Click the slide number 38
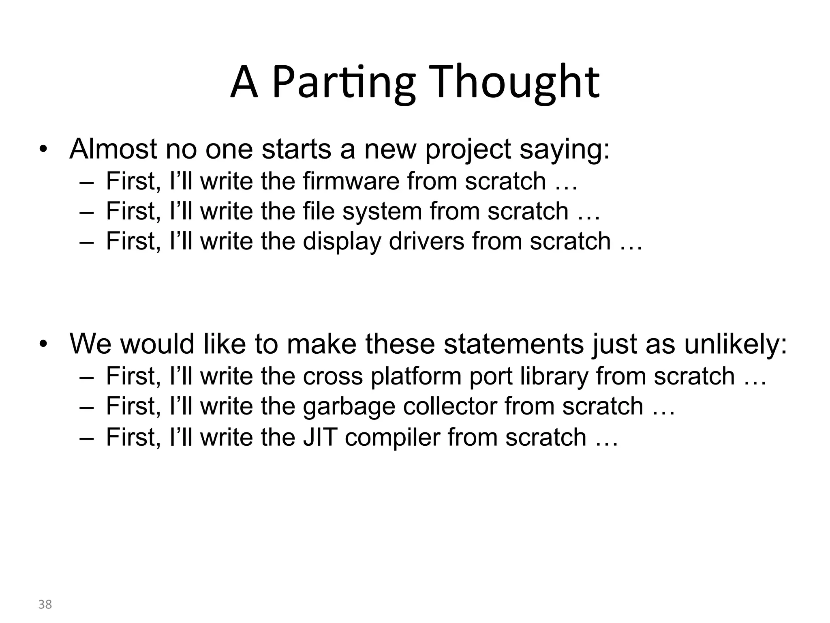coord(45,604)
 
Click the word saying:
coord(565,150)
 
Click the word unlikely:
coord(736,344)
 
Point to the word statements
coord(513,344)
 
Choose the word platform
coord(416,376)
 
